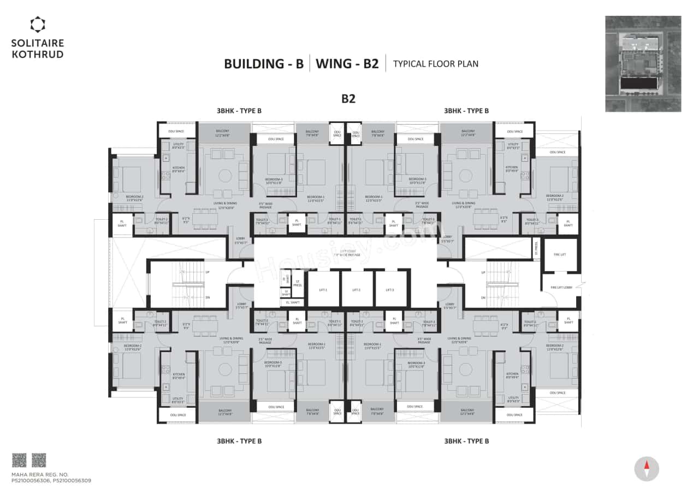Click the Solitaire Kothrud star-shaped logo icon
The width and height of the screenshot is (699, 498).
(38, 24)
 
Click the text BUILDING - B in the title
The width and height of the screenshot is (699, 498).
(264, 63)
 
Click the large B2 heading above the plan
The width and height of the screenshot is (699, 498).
(349, 98)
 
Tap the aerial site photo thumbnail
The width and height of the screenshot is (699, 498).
(643, 64)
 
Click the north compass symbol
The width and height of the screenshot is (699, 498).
(647, 468)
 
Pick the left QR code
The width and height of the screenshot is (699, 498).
(19, 460)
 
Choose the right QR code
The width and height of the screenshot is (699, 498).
(39, 460)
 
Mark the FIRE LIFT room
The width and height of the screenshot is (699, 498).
(560, 254)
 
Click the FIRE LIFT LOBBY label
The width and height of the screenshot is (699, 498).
(560, 287)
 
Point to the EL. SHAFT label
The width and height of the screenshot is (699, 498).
(292, 302)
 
